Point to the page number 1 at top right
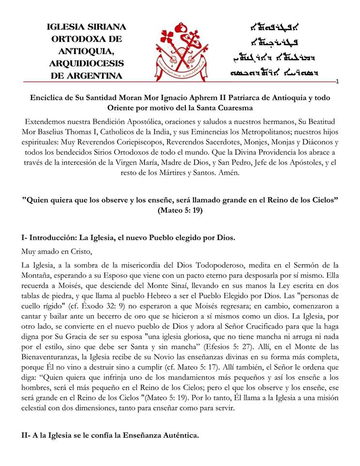click(x=337, y=82)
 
